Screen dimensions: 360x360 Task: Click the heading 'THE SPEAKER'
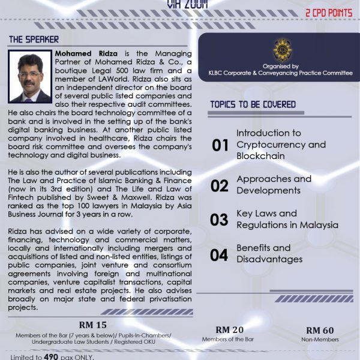pos(34,40)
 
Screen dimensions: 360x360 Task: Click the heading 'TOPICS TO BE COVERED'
pos(253,104)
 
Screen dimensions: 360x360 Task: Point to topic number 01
pos(220,145)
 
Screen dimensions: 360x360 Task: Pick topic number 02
pos(220,185)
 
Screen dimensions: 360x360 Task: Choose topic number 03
pos(220,220)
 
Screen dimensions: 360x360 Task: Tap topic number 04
pos(220,254)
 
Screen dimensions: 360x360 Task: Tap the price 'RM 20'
pos(230,329)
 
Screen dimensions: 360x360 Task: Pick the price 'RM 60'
pos(320,330)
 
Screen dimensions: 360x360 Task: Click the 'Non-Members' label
pos(320,339)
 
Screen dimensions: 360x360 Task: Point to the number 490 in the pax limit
pos(52,356)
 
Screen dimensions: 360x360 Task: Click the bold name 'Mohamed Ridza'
pos(83,53)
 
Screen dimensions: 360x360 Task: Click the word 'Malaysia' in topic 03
pos(319,225)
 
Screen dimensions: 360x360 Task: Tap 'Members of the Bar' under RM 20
pos(230,339)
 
